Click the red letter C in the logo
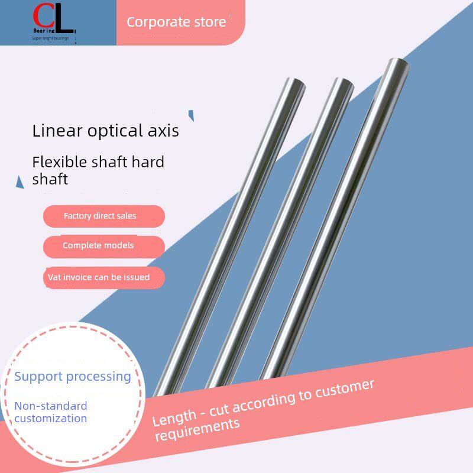click(x=42, y=16)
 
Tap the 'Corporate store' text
click(x=176, y=22)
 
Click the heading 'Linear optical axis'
click(x=106, y=131)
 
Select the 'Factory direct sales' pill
click(x=104, y=216)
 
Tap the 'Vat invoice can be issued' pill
click(x=104, y=277)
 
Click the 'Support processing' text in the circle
click(x=73, y=377)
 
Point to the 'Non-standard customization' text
click(x=51, y=412)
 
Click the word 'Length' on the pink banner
click(x=174, y=417)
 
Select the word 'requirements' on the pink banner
click(x=197, y=429)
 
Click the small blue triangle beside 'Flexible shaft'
click(x=20, y=182)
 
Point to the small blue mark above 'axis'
click(x=191, y=115)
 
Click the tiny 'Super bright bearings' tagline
click(x=50, y=38)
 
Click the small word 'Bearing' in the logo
click(x=44, y=31)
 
